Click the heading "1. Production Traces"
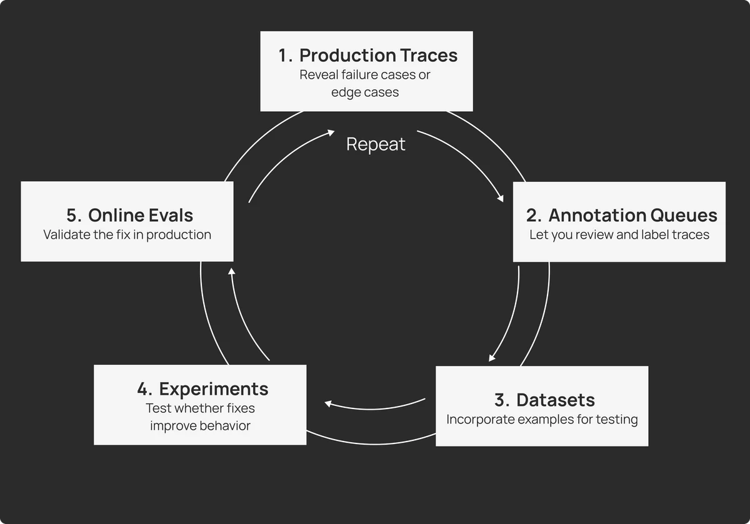pos(368,55)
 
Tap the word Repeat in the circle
pos(376,144)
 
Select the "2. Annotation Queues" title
pos(622,215)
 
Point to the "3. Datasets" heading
pos(544,400)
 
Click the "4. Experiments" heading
pos(202,389)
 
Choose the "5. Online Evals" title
pos(129,215)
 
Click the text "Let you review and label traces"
pos(619,235)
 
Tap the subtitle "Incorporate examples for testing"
pos(542,419)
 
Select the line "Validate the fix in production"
pos(127,235)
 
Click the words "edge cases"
pos(365,92)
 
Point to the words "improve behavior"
pos(200,425)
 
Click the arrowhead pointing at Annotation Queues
pos(500,198)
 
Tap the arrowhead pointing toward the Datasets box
pos(492,358)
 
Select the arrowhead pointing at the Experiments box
pos(328,403)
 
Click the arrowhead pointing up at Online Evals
pos(231,271)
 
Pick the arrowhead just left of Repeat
pos(331,132)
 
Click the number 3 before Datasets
pos(499,400)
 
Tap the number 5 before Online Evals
pos(72,215)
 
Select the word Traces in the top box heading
pos(429,55)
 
